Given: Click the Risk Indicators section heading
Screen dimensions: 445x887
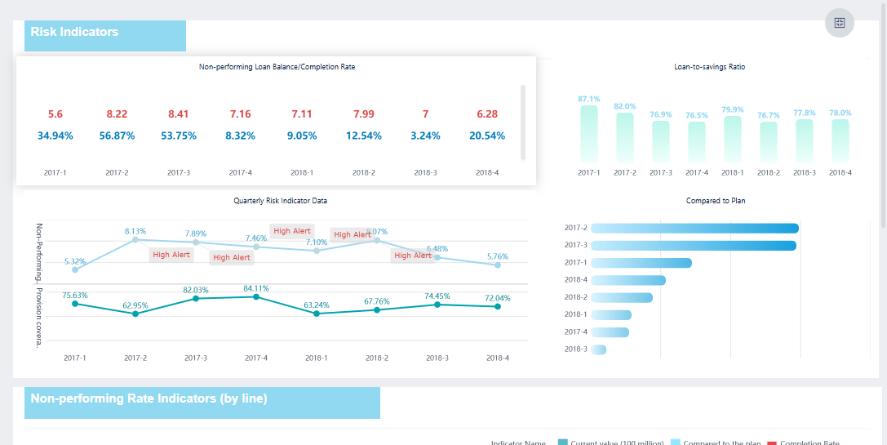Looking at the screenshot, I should pyautogui.click(x=74, y=32).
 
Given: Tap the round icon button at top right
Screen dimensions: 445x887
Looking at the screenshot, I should pyautogui.click(x=839, y=23).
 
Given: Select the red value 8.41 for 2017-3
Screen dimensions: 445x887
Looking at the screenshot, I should pyautogui.click(x=178, y=114).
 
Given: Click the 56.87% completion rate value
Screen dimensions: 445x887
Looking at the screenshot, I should pyautogui.click(x=117, y=136).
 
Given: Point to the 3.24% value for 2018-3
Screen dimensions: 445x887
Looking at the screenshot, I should pyautogui.click(x=425, y=136).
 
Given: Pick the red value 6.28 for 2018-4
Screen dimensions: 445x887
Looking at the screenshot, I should pyautogui.click(x=487, y=114).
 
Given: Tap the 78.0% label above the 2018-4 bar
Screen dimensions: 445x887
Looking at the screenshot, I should pyautogui.click(x=840, y=113).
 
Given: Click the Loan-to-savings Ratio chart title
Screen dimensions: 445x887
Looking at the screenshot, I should pyautogui.click(x=709, y=67).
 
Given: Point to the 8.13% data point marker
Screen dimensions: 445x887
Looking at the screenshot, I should pyautogui.click(x=135, y=239).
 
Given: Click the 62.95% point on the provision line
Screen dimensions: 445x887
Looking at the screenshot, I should pyautogui.click(x=135, y=314).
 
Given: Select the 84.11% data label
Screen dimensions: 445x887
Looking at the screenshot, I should pyautogui.click(x=256, y=288).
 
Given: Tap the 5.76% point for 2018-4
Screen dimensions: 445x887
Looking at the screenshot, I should pyautogui.click(x=498, y=265).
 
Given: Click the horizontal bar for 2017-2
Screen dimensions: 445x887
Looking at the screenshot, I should pyautogui.click(x=694, y=228).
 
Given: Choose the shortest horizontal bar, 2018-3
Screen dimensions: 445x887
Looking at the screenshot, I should pyautogui.click(x=598, y=349).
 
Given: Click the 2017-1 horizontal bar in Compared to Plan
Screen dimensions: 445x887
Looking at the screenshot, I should pyautogui.click(x=641, y=263).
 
